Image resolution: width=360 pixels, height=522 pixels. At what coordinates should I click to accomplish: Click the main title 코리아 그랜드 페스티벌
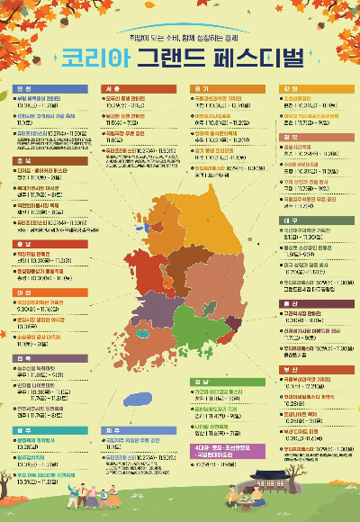[x=180, y=57]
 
